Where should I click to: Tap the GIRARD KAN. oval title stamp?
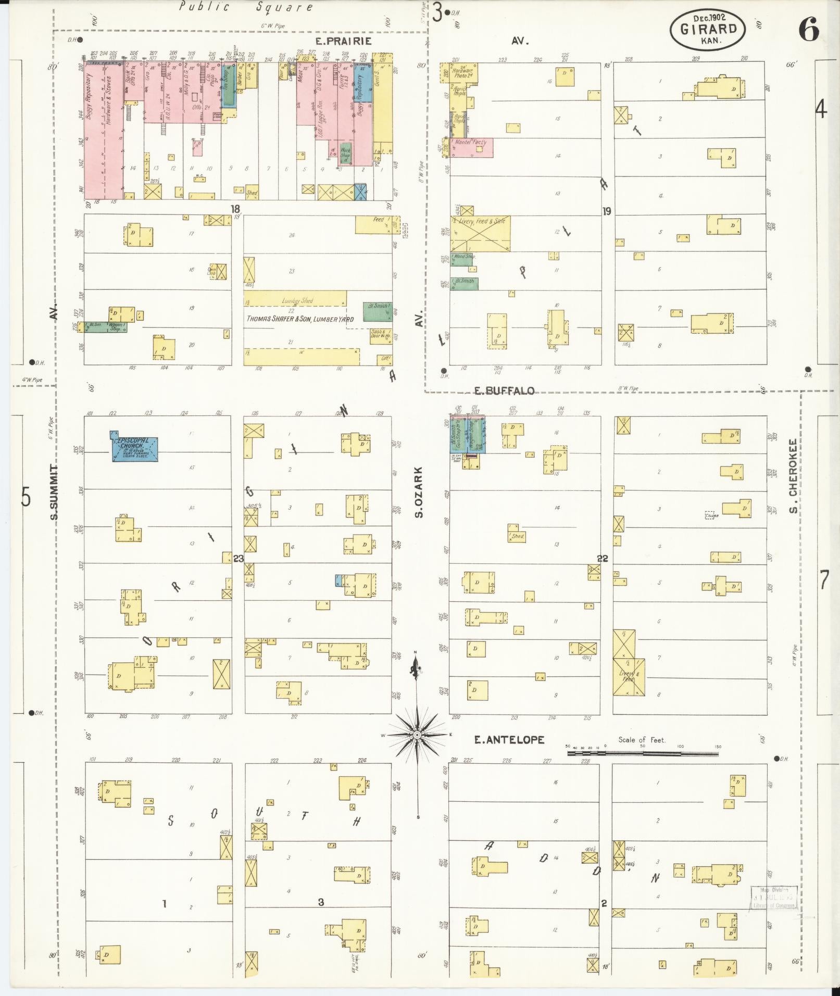coord(707,29)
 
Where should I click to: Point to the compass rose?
coord(417,734)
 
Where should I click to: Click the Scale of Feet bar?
coord(643,752)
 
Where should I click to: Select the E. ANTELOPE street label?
coord(509,739)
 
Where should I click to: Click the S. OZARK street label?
coord(418,491)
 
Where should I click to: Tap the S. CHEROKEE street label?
coord(793,475)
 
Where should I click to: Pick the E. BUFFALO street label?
coord(505,390)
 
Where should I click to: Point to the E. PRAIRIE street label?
coord(343,41)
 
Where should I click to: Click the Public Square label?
coord(246,7)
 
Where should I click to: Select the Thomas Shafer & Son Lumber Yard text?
coord(300,319)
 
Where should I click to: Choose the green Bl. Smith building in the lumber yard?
coord(377,311)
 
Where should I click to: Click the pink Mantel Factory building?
coord(471,147)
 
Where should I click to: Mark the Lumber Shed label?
coord(297,300)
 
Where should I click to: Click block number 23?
coord(239,559)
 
